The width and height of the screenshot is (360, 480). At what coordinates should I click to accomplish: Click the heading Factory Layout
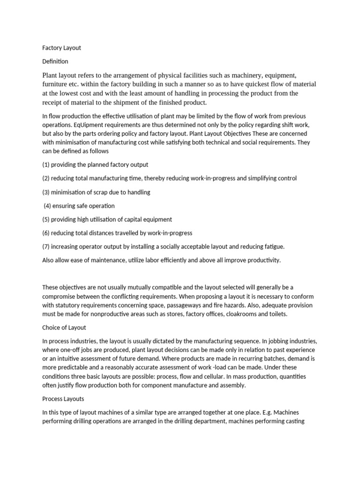pyautogui.click(x=61, y=48)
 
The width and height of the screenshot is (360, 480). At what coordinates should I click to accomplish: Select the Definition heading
pyautogui.click(x=55, y=61)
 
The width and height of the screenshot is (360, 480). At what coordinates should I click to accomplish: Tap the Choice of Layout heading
pyautogui.click(x=64, y=328)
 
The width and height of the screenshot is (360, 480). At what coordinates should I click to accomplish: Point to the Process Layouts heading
pyautogui.click(x=63, y=399)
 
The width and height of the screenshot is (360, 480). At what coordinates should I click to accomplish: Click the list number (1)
pyautogui.click(x=45, y=165)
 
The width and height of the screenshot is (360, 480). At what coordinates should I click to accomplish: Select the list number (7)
pyautogui.click(x=45, y=247)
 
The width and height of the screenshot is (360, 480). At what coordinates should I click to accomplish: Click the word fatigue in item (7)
pyautogui.click(x=272, y=247)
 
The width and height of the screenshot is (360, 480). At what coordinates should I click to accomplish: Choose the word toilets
pyautogui.click(x=276, y=314)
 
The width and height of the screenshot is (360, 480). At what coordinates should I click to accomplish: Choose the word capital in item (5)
pyautogui.click(x=135, y=219)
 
